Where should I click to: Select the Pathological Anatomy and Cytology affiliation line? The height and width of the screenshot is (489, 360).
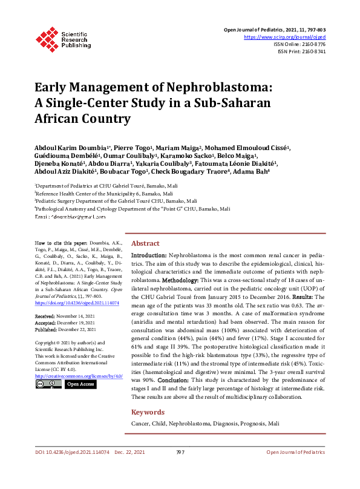point(132,208)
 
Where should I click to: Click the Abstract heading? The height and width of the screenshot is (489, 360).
point(145,243)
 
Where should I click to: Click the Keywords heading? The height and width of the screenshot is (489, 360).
point(148,412)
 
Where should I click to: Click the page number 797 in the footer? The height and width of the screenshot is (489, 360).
point(180,469)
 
